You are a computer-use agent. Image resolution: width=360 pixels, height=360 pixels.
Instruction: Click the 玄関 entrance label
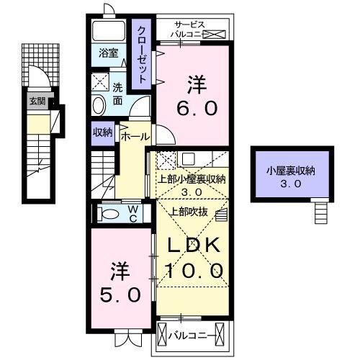[37, 101]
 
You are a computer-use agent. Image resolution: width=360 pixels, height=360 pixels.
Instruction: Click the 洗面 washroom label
[119, 94]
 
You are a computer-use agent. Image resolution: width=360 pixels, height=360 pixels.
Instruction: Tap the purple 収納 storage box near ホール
[102, 132]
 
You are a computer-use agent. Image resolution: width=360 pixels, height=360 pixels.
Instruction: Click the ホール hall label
[135, 136]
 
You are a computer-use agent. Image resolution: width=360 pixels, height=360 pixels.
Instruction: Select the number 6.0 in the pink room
[194, 108]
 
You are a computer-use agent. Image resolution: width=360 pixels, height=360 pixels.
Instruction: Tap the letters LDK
[193, 246]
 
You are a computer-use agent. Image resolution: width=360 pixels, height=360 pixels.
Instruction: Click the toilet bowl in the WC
[109, 215]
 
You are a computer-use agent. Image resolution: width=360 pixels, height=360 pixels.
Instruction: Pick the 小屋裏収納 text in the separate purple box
[290, 171]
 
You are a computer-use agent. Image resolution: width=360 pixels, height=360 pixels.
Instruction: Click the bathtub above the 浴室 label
[109, 30]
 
